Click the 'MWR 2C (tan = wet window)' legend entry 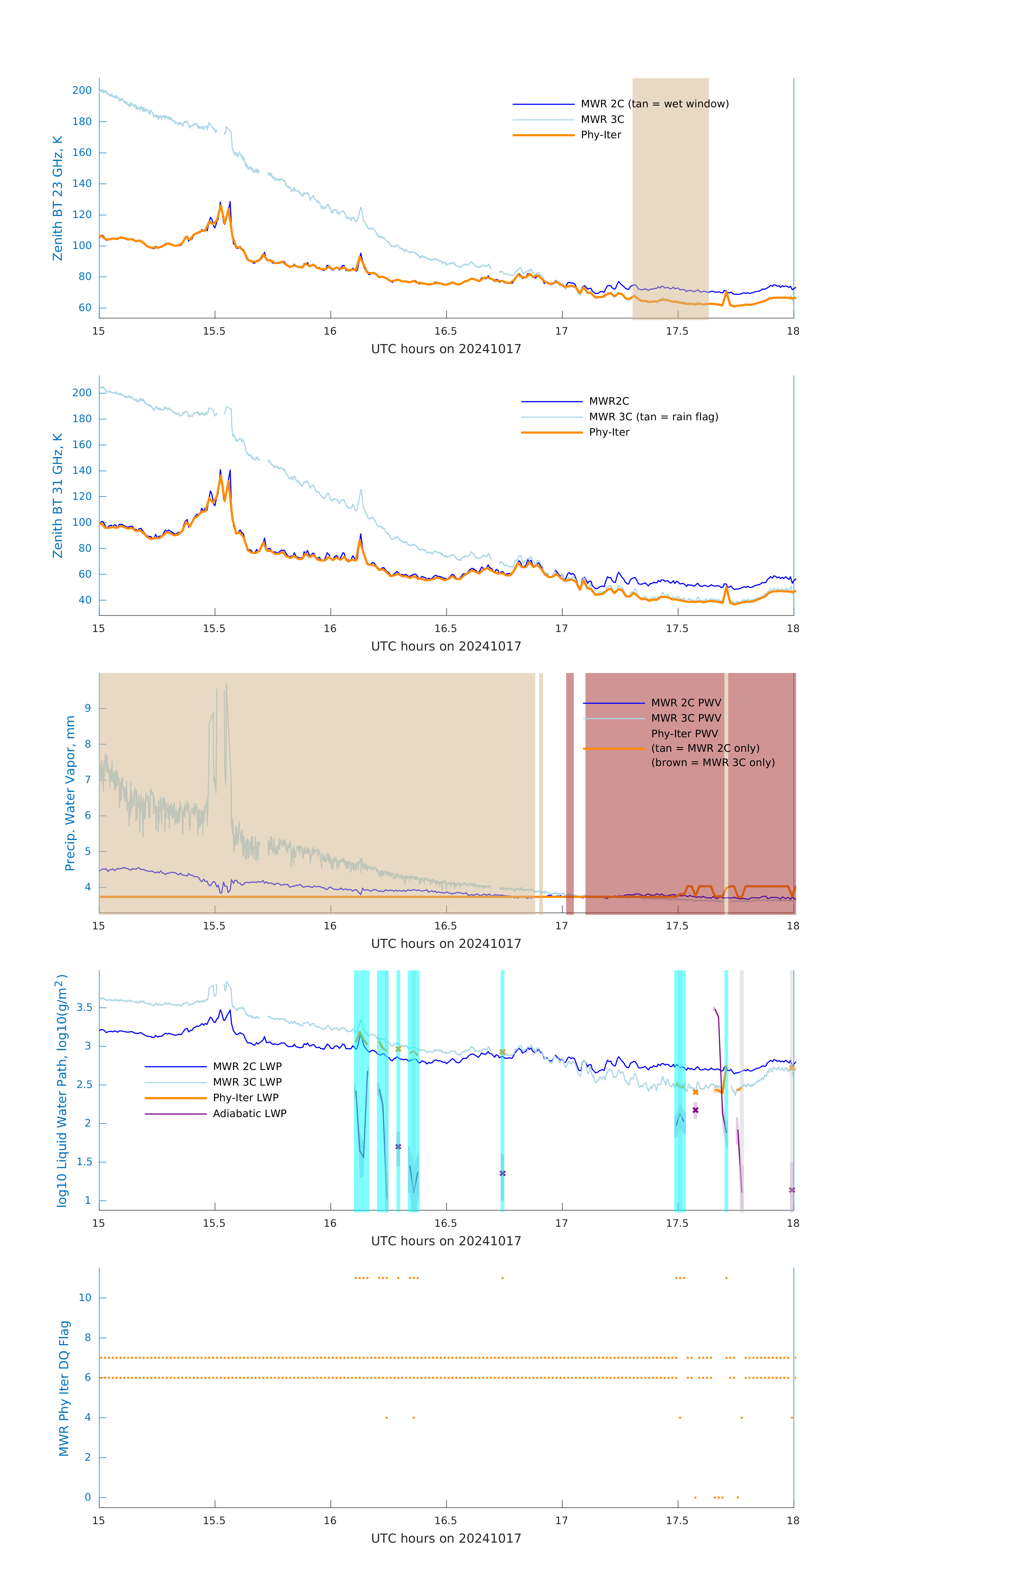point(654,104)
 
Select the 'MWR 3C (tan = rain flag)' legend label point(653,417)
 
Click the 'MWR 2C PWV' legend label point(686,703)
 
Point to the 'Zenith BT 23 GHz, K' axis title point(58,198)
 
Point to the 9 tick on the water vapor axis point(87,709)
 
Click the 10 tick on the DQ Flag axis point(85,1298)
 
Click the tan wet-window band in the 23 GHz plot point(670,198)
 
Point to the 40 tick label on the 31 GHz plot point(85,600)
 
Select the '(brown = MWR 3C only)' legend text point(713,763)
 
